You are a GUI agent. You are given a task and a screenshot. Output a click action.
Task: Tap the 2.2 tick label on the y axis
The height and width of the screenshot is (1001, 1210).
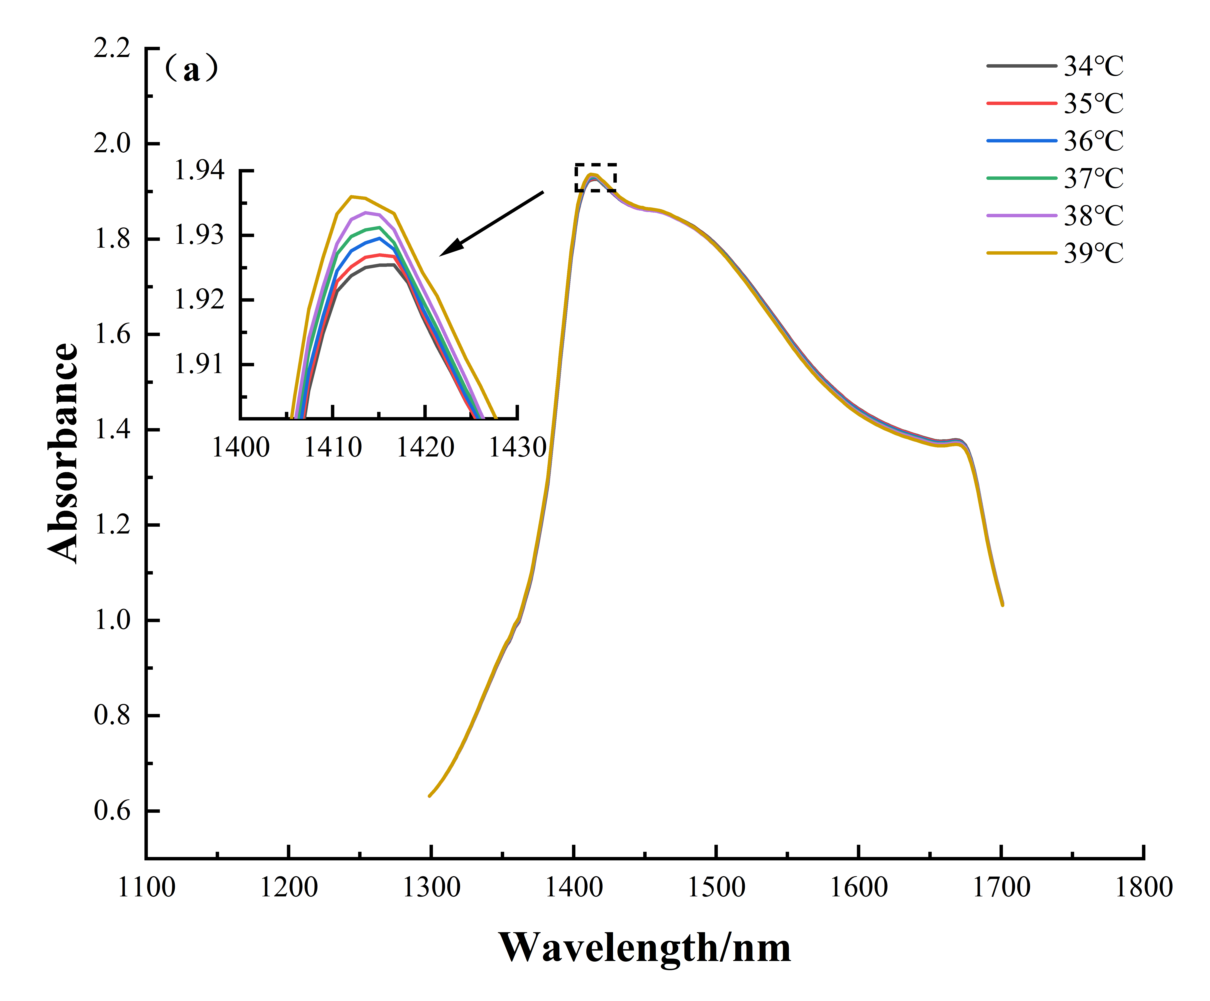(x=112, y=48)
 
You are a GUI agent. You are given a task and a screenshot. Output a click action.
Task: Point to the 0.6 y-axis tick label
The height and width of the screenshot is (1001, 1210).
(x=112, y=811)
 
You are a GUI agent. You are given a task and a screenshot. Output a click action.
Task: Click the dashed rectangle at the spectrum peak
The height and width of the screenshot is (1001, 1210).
(x=596, y=177)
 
